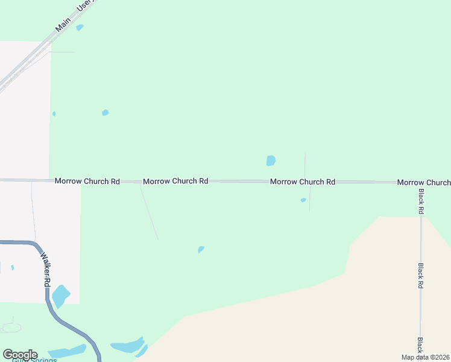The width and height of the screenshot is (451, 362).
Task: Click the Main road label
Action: click(x=63, y=24)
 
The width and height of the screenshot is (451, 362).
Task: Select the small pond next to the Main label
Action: click(x=80, y=27)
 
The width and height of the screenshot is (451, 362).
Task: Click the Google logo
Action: click(x=20, y=355)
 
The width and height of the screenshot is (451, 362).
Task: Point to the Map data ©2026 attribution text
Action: click(x=425, y=357)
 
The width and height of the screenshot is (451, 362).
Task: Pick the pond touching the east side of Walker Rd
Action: click(x=60, y=296)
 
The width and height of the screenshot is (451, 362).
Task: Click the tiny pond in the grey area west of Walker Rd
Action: click(x=12, y=267)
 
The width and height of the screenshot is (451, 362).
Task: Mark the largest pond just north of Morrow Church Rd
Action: click(x=271, y=160)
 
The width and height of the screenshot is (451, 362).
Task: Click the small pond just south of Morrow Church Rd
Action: click(x=303, y=200)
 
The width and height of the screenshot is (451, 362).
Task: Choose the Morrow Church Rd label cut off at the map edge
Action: click(x=424, y=182)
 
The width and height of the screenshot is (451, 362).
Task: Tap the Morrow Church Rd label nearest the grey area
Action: click(x=87, y=181)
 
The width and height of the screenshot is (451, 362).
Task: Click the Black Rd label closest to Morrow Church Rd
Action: click(x=421, y=202)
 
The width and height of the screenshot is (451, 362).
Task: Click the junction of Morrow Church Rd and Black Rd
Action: click(x=421, y=182)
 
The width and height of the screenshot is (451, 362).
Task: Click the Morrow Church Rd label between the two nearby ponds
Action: click(x=303, y=182)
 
